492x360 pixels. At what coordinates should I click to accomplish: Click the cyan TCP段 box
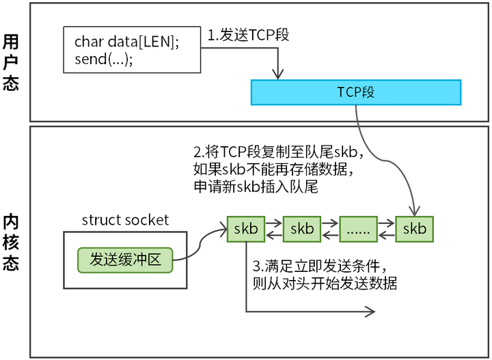pyautogui.click(x=355, y=92)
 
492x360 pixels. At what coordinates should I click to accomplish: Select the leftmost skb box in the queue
pyautogui.click(x=246, y=229)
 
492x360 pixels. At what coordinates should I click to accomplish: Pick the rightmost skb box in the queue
pyautogui.click(x=414, y=229)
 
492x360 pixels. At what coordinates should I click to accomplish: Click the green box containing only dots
pyautogui.click(x=358, y=229)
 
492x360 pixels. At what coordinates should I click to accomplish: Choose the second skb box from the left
pyautogui.click(x=302, y=229)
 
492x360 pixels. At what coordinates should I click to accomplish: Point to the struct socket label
pyautogui.click(x=125, y=220)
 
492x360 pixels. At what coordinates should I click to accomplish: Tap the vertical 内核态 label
pyautogui.click(x=12, y=242)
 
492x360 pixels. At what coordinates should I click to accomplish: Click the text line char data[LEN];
pyautogui.click(x=126, y=42)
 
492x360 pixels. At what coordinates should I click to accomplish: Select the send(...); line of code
pyautogui.click(x=103, y=59)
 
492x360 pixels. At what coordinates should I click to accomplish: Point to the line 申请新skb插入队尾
pyautogui.click(x=256, y=186)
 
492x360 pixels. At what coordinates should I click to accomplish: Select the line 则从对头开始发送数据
pyautogui.click(x=325, y=283)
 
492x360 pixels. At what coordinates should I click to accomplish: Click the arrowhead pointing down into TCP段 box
pyautogui.click(x=277, y=76)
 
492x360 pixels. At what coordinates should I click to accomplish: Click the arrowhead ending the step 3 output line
pyautogui.click(x=371, y=312)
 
